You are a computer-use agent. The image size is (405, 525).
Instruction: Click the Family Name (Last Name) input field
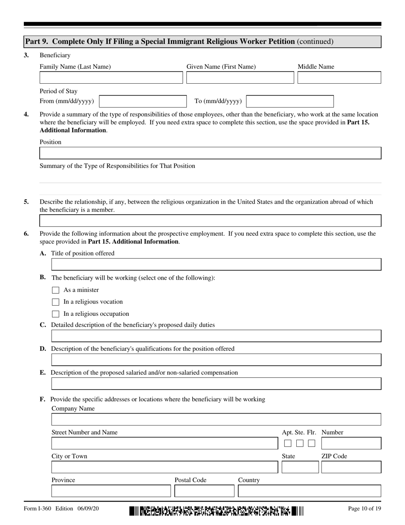tap(111, 78)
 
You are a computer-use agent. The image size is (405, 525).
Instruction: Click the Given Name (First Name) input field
tap(240, 78)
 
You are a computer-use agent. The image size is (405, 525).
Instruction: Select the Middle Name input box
tap(339, 78)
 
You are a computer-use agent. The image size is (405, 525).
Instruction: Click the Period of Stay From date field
tap(142, 101)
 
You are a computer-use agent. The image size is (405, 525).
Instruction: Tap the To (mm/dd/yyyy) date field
tap(290, 101)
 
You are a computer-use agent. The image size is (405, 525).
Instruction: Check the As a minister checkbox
tap(55, 290)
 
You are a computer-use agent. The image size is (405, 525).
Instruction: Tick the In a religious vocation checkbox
tap(55, 302)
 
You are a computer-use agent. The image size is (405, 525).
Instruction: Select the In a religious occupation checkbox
tap(55, 314)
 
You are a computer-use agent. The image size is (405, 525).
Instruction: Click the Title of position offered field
tap(216, 265)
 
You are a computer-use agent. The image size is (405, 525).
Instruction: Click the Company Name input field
tap(216, 420)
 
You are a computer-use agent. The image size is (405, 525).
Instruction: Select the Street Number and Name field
tap(164, 443)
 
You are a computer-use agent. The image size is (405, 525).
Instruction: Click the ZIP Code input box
tap(351, 467)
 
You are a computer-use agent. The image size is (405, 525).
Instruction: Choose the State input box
tap(300, 467)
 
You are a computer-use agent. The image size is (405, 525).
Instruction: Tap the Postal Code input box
tap(204, 491)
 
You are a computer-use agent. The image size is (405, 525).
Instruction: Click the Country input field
tap(309, 491)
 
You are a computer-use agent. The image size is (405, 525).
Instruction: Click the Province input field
tap(111, 491)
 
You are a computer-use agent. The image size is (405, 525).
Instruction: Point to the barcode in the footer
tap(216, 511)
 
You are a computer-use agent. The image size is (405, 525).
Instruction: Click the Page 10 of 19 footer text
tap(364, 509)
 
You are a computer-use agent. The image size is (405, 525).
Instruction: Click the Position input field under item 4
tap(210, 153)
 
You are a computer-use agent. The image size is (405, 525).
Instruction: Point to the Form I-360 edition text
tap(61, 509)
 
